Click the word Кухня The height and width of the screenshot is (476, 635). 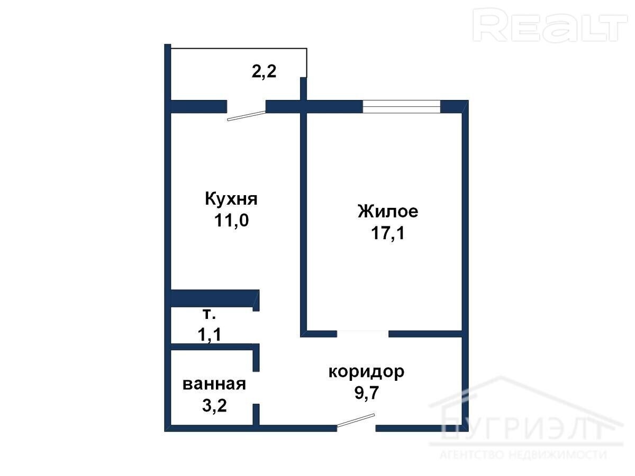tap(231, 199)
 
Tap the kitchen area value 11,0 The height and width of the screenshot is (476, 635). tap(231, 221)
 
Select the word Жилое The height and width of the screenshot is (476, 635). tap(388, 211)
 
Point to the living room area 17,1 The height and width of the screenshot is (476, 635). tap(388, 233)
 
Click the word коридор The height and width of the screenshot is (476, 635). tap(366, 372)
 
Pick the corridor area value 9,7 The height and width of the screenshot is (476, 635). tap(367, 392)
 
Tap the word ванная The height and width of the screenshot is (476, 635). tap(214, 385)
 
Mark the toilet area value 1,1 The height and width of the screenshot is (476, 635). tap(210, 335)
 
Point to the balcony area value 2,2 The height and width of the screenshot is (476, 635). tap(264, 71)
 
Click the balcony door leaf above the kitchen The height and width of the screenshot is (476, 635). tap(247, 116)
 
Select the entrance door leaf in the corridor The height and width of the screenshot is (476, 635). tap(356, 420)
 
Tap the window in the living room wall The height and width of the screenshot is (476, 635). tap(402, 106)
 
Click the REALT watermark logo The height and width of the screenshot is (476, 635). tap(550, 25)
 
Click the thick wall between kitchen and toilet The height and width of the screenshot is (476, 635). tap(215, 298)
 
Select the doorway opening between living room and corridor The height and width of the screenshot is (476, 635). tap(362, 334)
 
